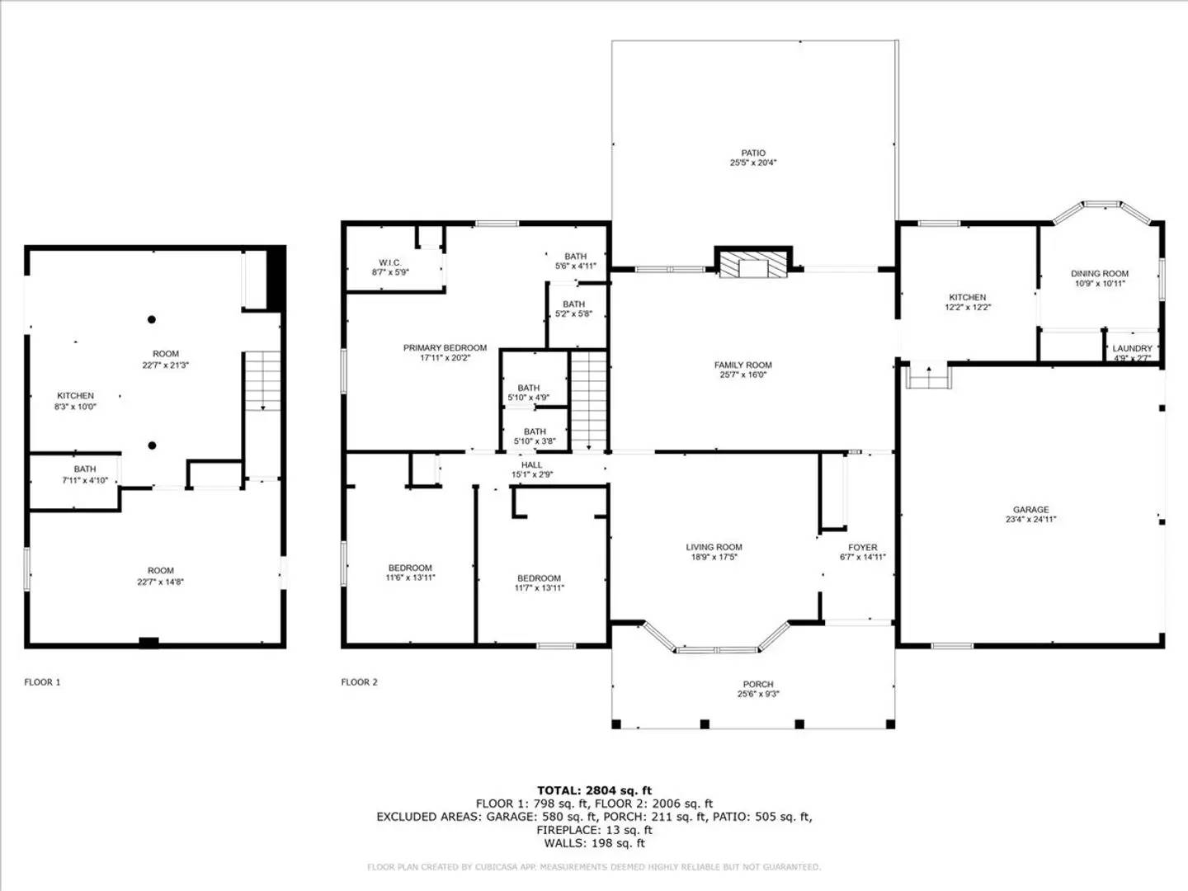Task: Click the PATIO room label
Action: (752, 153)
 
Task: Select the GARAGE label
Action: (1030, 510)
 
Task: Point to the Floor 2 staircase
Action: (588, 401)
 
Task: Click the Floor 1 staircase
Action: (263, 381)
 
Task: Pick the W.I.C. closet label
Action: (390, 262)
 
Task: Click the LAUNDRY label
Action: (1132, 348)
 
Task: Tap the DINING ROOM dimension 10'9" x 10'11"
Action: (1099, 284)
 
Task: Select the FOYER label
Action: (862, 547)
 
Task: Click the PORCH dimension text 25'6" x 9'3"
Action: (757, 695)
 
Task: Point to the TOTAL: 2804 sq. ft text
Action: (594, 790)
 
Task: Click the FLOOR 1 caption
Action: (42, 682)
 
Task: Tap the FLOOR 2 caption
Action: (359, 682)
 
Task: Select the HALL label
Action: (531, 465)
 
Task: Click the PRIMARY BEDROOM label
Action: (445, 348)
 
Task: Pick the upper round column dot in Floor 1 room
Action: (152, 319)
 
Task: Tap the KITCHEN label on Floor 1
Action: (75, 396)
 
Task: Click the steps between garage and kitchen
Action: (929, 377)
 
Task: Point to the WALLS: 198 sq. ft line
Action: (594, 843)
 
